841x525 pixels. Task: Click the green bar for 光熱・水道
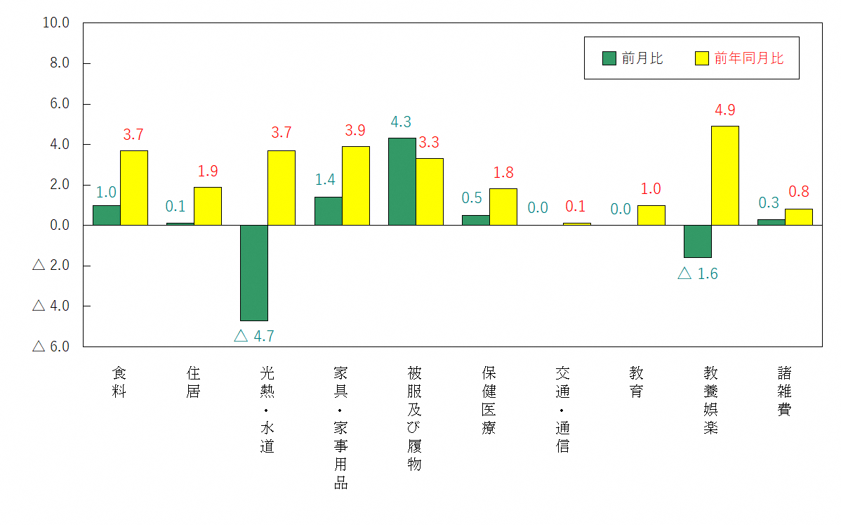[x=254, y=273]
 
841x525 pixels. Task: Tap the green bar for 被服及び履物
[x=402, y=181]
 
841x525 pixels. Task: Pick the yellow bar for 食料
[x=134, y=188]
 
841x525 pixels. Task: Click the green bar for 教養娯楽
[x=697, y=241]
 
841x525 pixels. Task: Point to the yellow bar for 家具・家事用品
[x=356, y=186]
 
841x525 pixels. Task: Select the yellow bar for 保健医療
[x=503, y=207]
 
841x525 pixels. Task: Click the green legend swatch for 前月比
[x=609, y=58]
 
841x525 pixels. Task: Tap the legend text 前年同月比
[x=748, y=58]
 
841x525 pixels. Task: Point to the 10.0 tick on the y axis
[x=56, y=22]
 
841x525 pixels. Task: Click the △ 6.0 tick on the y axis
[x=51, y=346]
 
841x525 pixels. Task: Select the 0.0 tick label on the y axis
[x=56, y=226]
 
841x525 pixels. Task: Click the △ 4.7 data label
[x=253, y=336]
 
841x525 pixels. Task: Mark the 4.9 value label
[x=724, y=110]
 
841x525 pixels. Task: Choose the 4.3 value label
[x=401, y=122]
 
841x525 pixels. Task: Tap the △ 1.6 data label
[x=697, y=274]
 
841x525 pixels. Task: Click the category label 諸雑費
[x=784, y=391]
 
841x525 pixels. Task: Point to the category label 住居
[x=193, y=382]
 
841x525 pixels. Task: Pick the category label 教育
[x=636, y=382]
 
